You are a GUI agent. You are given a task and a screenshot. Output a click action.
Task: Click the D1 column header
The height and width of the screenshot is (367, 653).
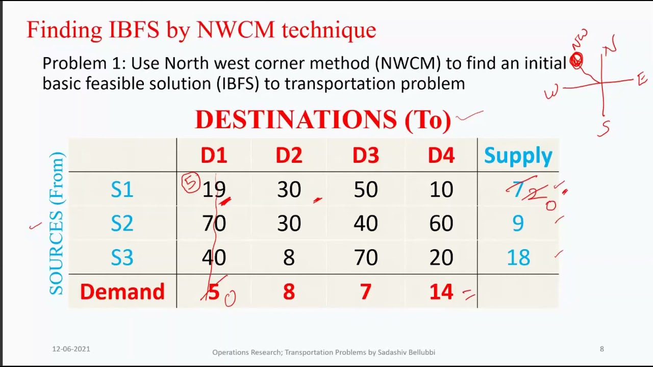(x=214, y=155)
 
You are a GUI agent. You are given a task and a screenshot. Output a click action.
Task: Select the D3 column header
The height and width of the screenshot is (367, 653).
(x=365, y=155)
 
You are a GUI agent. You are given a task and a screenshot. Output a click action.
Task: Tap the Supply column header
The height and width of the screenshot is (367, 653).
(x=518, y=155)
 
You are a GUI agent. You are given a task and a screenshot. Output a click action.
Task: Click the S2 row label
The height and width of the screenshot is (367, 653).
(x=122, y=223)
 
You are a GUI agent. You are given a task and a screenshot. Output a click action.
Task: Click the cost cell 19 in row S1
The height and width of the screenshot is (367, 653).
(x=214, y=190)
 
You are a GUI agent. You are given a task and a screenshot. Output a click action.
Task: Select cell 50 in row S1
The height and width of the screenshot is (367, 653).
(x=365, y=190)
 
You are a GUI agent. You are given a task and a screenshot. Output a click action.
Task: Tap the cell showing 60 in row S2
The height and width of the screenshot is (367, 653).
(x=441, y=223)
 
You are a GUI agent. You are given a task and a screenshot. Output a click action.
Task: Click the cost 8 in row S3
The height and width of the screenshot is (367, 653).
(x=289, y=258)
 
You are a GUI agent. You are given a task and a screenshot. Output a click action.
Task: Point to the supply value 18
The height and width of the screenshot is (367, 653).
(x=518, y=258)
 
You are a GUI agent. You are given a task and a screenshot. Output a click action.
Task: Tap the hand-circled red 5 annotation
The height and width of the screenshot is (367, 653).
(x=191, y=183)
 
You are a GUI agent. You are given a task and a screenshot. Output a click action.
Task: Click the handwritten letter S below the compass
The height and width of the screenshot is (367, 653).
(x=604, y=128)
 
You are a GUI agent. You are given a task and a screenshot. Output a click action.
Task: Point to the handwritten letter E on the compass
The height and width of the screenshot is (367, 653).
(x=642, y=79)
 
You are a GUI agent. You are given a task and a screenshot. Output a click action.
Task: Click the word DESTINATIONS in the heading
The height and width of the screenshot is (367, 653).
(x=295, y=120)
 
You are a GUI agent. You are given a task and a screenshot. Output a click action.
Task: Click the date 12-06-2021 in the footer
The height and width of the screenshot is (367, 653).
(x=71, y=349)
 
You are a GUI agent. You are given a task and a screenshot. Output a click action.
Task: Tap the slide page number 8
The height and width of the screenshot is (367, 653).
(x=601, y=349)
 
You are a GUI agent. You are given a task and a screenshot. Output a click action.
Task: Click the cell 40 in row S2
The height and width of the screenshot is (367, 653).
(x=365, y=223)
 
